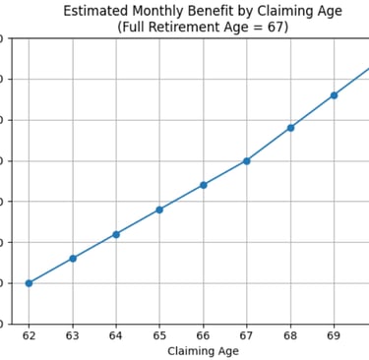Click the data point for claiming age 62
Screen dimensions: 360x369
(29, 283)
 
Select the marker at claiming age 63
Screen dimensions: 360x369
(73, 258)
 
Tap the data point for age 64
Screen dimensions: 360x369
(116, 234)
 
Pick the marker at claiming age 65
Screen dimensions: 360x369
(159, 210)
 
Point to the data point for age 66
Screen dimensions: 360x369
(204, 185)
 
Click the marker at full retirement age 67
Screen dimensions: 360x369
(247, 160)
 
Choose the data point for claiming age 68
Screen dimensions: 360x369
(290, 128)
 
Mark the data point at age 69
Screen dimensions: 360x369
(335, 95)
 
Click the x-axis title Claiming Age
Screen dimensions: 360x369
(203, 351)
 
